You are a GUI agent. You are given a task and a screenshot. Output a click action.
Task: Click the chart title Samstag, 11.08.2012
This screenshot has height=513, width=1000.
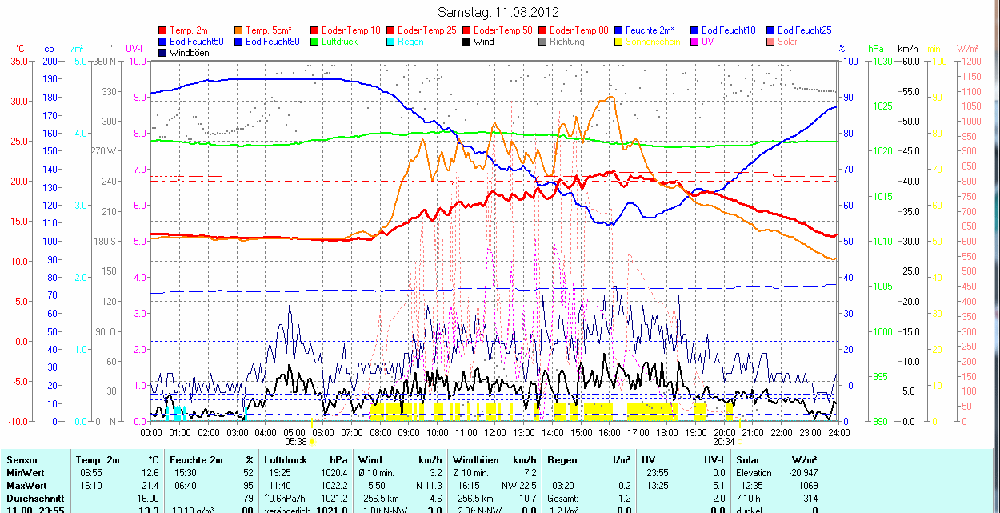[x=499, y=12]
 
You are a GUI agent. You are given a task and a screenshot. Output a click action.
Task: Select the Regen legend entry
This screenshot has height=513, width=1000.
[x=410, y=42]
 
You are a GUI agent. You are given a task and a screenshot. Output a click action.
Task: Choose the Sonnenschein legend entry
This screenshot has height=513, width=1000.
[x=653, y=42]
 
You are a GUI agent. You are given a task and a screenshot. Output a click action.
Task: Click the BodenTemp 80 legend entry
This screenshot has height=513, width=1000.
[x=578, y=30]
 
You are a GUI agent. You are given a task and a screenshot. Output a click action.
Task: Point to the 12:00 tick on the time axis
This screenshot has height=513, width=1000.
[x=494, y=432]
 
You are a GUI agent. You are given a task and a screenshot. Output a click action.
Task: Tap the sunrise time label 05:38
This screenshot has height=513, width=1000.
[x=296, y=441]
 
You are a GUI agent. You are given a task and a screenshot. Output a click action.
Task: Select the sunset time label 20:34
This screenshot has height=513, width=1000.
[x=724, y=441]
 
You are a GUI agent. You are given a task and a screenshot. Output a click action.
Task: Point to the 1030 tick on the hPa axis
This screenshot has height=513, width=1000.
[x=882, y=61]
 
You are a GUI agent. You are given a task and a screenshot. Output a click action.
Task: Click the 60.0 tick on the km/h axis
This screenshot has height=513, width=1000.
[x=910, y=61]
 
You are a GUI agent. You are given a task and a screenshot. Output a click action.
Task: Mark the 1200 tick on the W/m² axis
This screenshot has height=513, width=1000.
[x=970, y=61]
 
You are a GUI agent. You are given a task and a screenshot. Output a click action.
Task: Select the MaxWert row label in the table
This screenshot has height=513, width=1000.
[x=26, y=486]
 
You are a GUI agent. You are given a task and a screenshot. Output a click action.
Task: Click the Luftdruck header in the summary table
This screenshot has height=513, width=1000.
[x=286, y=460]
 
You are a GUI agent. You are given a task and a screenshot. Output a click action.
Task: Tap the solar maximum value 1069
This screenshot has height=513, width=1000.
[x=809, y=486]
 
